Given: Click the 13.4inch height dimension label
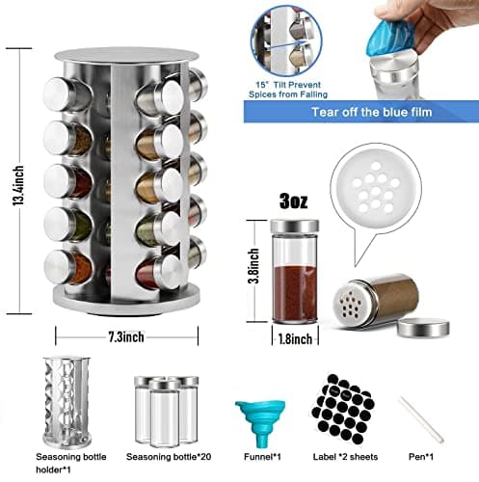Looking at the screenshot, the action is pyautogui.click(x=18, y=186).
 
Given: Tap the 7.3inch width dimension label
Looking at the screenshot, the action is pyautogui.click(x=126, y=337).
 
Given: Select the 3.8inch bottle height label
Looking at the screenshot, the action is pyautogui.click(x=253, y=265).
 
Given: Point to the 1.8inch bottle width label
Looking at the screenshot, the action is pyautogui.click(x=295, y=339).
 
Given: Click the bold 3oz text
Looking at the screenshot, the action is pyautogui.click(x=294, y=201).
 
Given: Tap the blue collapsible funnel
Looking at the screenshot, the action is pyautogui.click(x=260, y=423).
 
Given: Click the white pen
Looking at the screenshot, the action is pyautogui.click(x=421, y=419).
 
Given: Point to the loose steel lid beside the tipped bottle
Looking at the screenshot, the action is pyautogui.click(x=423, y=328).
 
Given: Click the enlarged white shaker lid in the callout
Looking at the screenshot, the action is pyautogui.click(x=376, y=187).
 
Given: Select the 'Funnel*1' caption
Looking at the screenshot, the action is pyautogui.click(x=262, y=457).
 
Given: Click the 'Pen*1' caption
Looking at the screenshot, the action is pyautogui.click(x=421, y=457).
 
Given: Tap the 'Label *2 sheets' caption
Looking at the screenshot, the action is pyautogui.click(x=345, y=457).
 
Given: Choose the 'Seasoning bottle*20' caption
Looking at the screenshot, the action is pyautogui.click(x=169, y=457).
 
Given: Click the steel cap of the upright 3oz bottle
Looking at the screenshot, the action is pyautogui.click(x=295, y=227).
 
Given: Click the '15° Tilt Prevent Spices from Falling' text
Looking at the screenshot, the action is pyautogui.click(x=288, y=90).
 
